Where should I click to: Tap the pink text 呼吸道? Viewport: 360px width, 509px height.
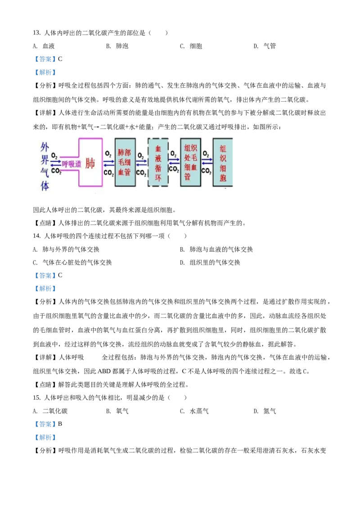pyautogui.click(x=72, y=164)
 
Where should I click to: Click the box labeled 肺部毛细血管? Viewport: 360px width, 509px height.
pyautogui.click(x=125, y=162)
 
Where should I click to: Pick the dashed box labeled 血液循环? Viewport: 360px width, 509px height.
pyautogui.click(x=158, y=162)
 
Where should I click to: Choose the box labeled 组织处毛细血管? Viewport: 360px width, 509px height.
pyautogui.click(x=190, y=162)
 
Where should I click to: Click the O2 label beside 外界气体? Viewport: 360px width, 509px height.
pyautogui.click(x=54, y=155)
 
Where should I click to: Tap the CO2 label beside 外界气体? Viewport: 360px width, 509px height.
pyautogui.click(x=56, y=171)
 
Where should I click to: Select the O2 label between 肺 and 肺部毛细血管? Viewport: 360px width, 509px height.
pyautogui.click(x=108, y=154)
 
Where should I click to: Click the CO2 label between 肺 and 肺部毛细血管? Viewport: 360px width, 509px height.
pyautogui.click(x=109, y=173)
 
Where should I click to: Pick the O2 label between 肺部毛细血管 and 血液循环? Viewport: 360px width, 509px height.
pyautogui.click(x=141, y=155)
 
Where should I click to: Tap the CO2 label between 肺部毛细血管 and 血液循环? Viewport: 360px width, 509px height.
pyautogui.click(x=141, y=173)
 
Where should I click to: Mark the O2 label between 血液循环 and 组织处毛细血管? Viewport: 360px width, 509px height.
pyautogui.click(x=173, y=153)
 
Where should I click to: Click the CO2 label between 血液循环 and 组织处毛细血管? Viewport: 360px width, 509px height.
pyautogui.click(x=174, y=170)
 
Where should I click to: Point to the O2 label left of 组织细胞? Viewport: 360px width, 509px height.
pyautogui.click(x=206, y=153)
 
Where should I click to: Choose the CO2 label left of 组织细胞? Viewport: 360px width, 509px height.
pyautogui.click(x=207, y=171)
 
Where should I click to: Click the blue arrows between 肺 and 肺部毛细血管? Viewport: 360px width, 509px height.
pyautogui.click(x=109, y=163)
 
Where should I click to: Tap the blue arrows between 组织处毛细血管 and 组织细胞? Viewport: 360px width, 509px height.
pyautogui.click(x=207, y=162)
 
